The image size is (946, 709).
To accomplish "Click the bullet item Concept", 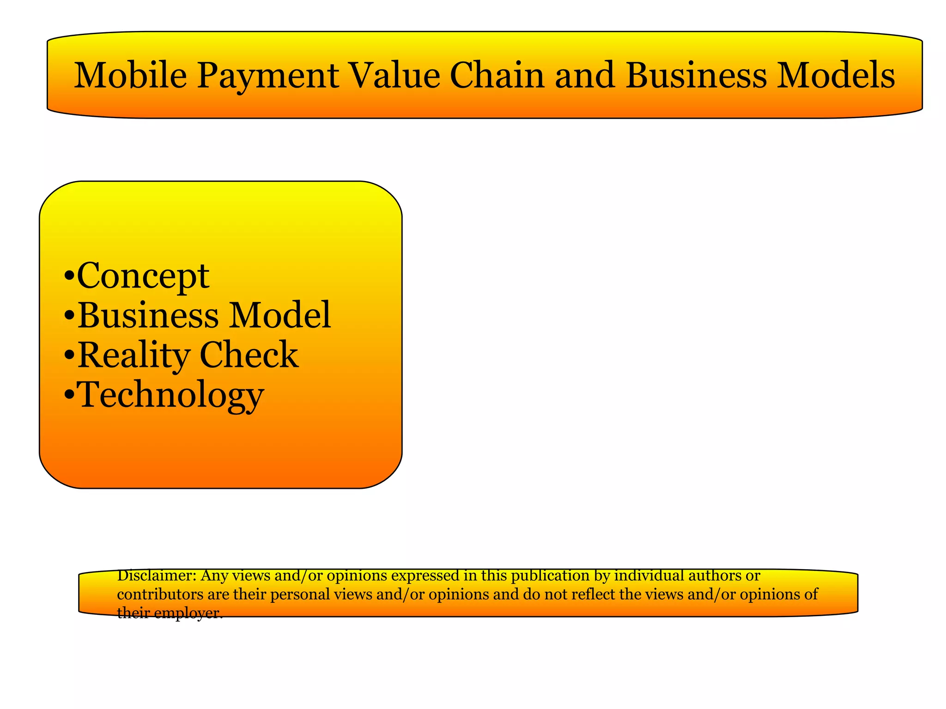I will tap(143, 276).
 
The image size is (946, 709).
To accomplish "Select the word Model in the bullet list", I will tap(280, 315).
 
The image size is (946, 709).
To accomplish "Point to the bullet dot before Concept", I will tap(69, 277).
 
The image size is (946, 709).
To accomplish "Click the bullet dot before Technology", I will tap(69, 396).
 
